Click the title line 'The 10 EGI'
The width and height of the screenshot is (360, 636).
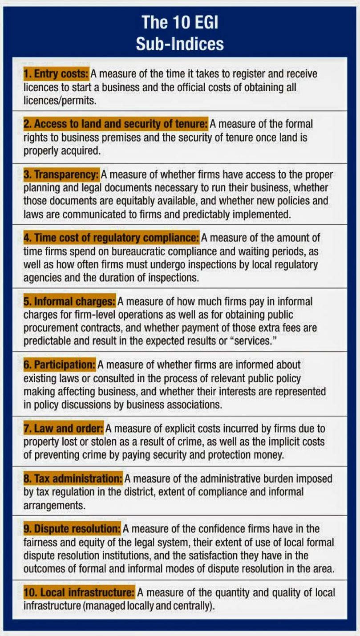coord(180,22)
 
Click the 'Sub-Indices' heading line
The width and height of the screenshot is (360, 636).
coord(180,44)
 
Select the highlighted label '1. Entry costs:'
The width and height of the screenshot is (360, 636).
coord(56,73)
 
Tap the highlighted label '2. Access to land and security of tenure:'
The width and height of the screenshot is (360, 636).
coord(115,123)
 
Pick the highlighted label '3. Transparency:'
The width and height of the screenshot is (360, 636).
coord(61,174)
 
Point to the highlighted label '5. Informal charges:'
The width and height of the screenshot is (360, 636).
coord(69,301)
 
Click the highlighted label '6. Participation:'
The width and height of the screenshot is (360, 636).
coord(59,365)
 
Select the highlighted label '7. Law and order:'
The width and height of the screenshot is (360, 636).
coord(63,429)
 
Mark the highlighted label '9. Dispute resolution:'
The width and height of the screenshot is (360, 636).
coord(72,529)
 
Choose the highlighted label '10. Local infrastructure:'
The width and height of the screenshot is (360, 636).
coord(79,592)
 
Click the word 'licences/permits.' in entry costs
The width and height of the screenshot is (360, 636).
coord(60,101)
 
